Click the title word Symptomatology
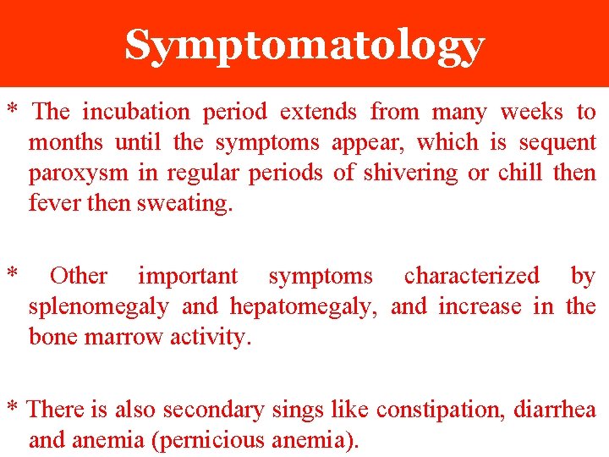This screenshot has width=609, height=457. click(x=304, y=46)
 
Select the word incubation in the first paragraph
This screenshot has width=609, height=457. click(x=136, y=112)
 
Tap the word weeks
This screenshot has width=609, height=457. click(x=531, y=112)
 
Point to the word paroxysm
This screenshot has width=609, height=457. click(x=77, y=173)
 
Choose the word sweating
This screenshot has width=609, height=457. click(x=184, y=204)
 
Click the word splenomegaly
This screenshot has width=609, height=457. click(x=98, y=306)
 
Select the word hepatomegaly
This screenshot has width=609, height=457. click(x=304, y=306)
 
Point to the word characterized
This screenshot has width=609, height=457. click(x=471, y=276)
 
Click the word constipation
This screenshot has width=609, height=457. click(x=434, y=410)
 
